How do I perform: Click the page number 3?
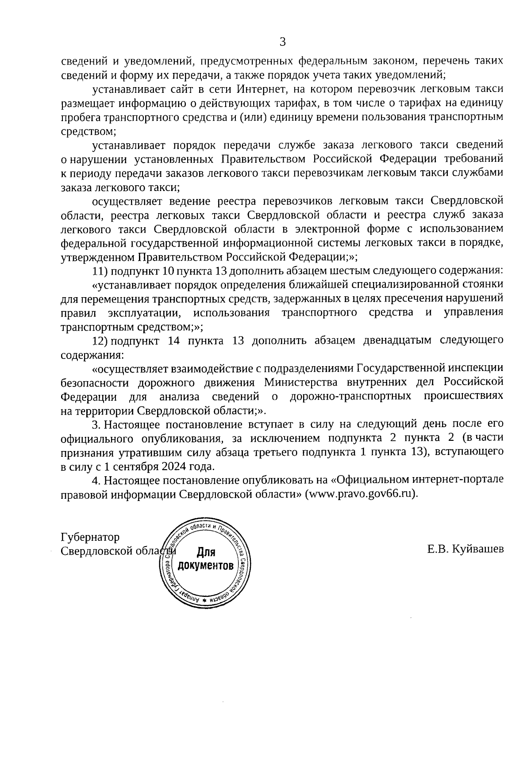[283, 42]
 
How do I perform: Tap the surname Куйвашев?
[480, 549]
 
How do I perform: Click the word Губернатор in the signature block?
[90, 537]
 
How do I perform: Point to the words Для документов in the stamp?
[205, 559]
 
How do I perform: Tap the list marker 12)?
[100, 340]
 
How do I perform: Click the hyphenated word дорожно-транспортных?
[350, 396]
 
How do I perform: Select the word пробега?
[80, 118]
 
